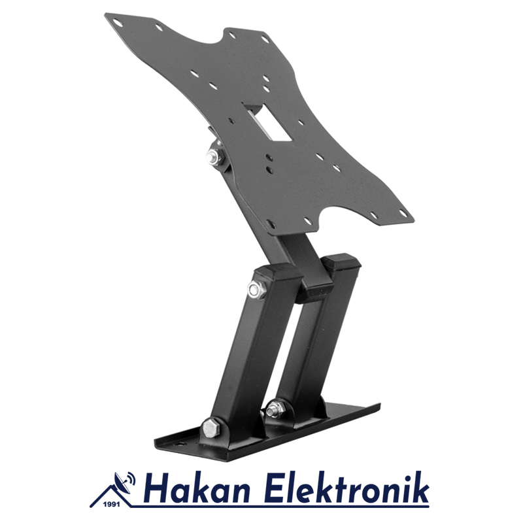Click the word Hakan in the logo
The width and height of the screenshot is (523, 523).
click(197, 490)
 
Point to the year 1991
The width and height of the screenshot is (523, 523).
click(112, 505)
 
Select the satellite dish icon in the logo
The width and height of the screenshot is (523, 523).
click(122, 482)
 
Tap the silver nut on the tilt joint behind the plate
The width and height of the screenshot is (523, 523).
click(213, 156)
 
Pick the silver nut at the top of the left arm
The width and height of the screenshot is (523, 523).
click(255, 290)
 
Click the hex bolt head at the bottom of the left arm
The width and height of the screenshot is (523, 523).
click(209, 428)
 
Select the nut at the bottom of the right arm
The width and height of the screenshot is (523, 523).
click(275, 407)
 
